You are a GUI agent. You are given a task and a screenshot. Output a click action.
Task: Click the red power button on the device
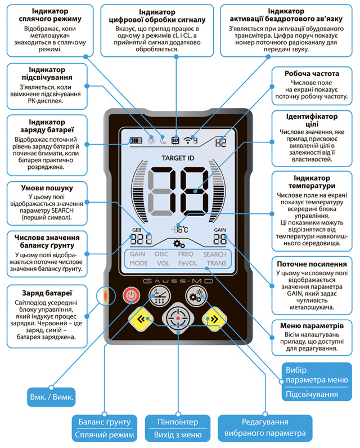tap(131, 295)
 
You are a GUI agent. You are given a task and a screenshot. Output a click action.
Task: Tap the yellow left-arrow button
tap(141, 319)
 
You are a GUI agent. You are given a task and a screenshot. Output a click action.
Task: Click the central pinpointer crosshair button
tap(178, 318)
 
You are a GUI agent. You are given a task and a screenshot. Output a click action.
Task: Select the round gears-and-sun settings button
tap(196, 295)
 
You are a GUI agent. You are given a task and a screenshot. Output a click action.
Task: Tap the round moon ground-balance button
tap(160, 295)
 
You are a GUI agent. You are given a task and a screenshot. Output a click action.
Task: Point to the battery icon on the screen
tap(136, 141)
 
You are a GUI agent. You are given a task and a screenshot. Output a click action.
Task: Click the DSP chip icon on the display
tap(175, 140)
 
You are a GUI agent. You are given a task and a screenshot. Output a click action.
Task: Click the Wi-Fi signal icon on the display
tap(187, 140)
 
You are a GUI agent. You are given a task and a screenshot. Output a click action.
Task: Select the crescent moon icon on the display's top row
tap(163, 140)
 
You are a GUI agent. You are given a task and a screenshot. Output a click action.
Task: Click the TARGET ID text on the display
tap(178, 158)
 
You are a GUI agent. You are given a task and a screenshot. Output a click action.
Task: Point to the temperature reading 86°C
tap(179, 229)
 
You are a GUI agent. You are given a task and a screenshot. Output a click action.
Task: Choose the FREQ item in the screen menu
tap(186, 254)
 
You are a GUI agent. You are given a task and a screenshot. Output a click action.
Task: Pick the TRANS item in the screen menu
tap(217, 263)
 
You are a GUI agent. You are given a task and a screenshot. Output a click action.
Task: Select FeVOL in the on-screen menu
tap(187, 263)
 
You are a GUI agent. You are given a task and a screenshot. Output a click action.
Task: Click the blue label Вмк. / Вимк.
tap(51, 397)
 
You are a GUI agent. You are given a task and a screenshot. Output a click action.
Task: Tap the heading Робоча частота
tap(312, 73)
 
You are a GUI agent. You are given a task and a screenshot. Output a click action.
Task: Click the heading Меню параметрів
tap(312, 326)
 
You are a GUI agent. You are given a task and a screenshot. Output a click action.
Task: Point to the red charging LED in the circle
tap(106, 295)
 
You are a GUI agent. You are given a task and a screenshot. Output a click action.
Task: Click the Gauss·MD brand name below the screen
tap(178, 281)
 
